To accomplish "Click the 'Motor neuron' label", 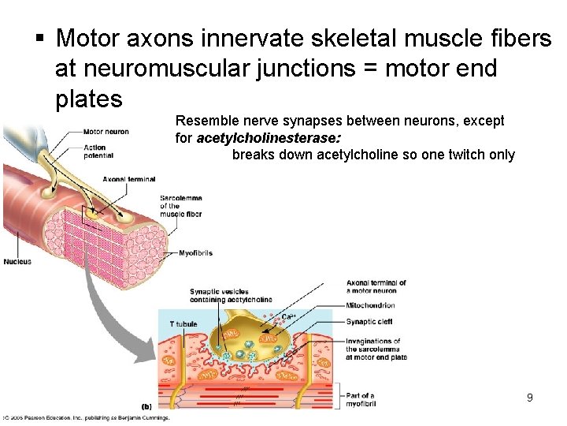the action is (x=106, y=132).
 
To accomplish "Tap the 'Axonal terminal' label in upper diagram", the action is (x=129, y=180).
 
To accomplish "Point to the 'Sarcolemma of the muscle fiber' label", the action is (x=180, y=205).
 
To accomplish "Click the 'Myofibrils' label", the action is (x=195, y=253).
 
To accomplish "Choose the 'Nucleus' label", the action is (x=17, y=262).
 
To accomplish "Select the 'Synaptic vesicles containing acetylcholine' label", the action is (x=231, y=296).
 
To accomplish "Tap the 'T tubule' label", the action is (x=183, y=324).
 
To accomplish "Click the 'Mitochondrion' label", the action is (x=370, y=305).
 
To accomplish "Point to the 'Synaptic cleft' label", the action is (x=369, y=322).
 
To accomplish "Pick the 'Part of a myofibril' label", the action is (x=361, y=400).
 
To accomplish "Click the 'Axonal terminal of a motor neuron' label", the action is (x=376, y=286).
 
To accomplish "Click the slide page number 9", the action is (x=530, y=398).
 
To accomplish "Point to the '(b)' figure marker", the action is (x=146, y=407).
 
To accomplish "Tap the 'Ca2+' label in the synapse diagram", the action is (x=289, y=316).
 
